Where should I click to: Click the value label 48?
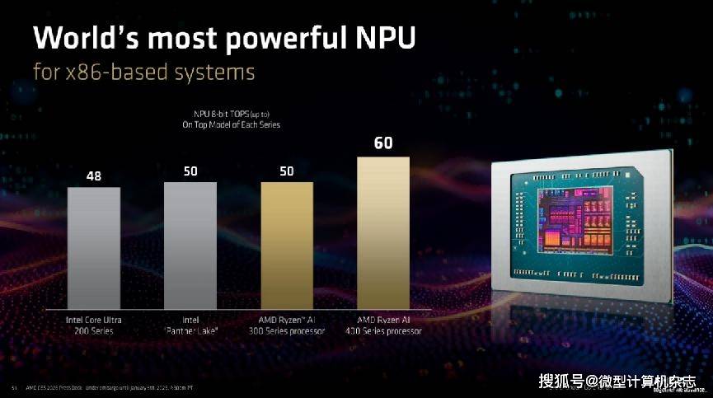point(94,176)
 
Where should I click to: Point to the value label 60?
point(383,143)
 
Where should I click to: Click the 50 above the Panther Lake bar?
point(190,171)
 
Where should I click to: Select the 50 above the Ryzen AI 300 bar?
point(287,171)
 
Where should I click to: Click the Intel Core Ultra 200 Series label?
point(94,325)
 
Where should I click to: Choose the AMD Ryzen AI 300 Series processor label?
point(287,325)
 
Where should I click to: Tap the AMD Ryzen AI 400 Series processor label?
point(383,325)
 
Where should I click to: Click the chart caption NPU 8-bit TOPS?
point(232,113)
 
